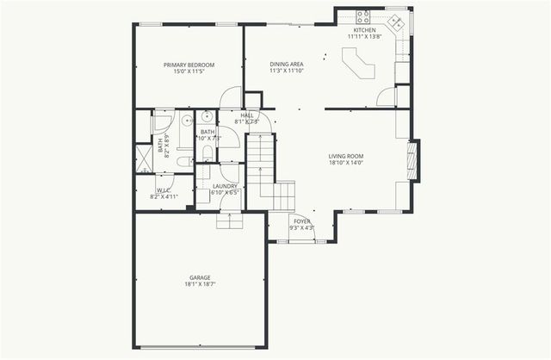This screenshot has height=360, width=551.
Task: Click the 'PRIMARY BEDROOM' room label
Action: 189,65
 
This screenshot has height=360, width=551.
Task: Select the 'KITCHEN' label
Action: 363,29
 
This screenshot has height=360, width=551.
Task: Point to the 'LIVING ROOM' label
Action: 346,156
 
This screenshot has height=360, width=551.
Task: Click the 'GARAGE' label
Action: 201,277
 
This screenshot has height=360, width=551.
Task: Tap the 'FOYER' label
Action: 302,221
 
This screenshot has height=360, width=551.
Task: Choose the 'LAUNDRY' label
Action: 225,186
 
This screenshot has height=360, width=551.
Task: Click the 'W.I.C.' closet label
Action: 164,190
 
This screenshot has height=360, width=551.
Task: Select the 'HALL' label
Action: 247,115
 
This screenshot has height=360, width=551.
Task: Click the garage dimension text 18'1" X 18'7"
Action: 201,284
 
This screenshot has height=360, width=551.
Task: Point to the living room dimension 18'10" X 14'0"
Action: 346,163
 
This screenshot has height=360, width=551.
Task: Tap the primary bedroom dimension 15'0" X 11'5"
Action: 189,72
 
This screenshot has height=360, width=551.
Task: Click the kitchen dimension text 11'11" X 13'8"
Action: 363,36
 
